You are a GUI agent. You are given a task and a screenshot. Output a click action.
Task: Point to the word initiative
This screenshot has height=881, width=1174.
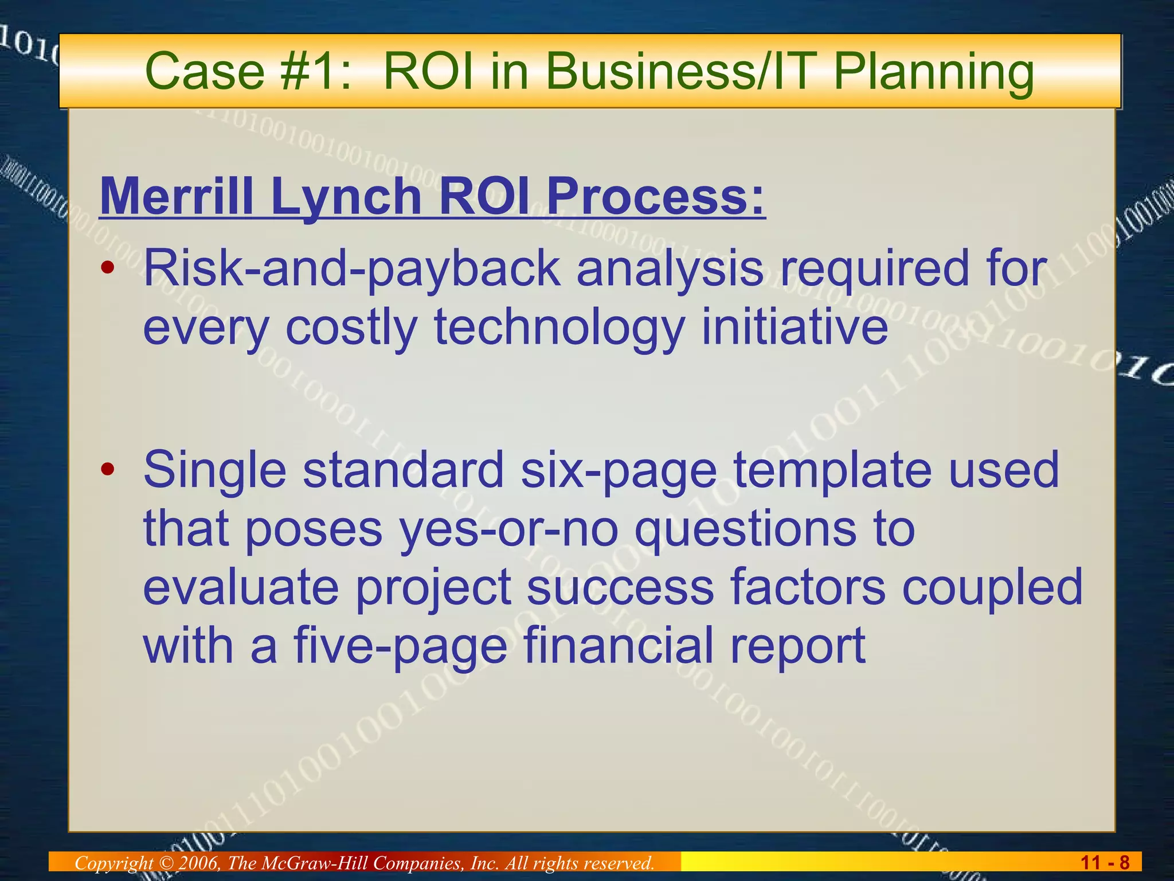[795, 327]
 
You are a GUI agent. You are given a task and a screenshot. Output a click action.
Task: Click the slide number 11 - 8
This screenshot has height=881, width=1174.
[1105, 863]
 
